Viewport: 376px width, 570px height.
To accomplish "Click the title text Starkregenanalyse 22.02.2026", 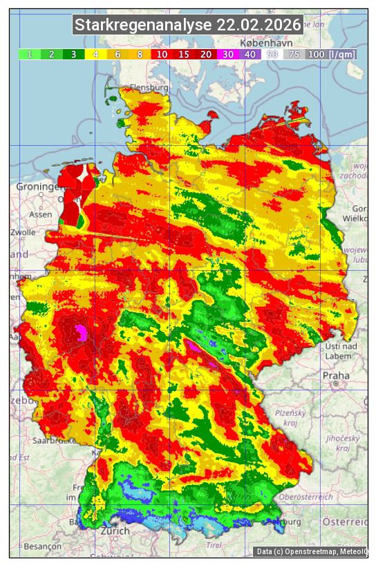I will pyautogui.click(x=188, y=25).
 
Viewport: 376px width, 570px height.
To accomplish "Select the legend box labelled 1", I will pyautogui.click(x=30, y=54).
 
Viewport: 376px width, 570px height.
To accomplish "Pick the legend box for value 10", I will pyautogui.click(x=162, y=54).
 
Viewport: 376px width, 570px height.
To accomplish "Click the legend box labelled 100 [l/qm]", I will pyautogui.click(x=331, y=54).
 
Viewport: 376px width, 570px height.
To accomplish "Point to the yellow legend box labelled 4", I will pyautogui.click(x=96, y=54).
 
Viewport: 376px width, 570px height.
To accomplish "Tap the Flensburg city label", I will pyautogui.click(x=148, y=88).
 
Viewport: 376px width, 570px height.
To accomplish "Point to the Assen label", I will pyautogui.click(x=41, y=214).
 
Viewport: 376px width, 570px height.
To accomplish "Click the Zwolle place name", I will pyautogui.click(x=23, y=232).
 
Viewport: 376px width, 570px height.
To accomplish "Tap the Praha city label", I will pyautogui.click(x=335, y=375).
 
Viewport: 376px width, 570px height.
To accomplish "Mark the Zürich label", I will pyautogui.click(x=115, y=531).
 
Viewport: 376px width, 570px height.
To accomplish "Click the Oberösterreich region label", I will pyautogui.click(x=307, y=497).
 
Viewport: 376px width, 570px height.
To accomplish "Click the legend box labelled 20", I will pyautogui.click(x=206, y=54).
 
